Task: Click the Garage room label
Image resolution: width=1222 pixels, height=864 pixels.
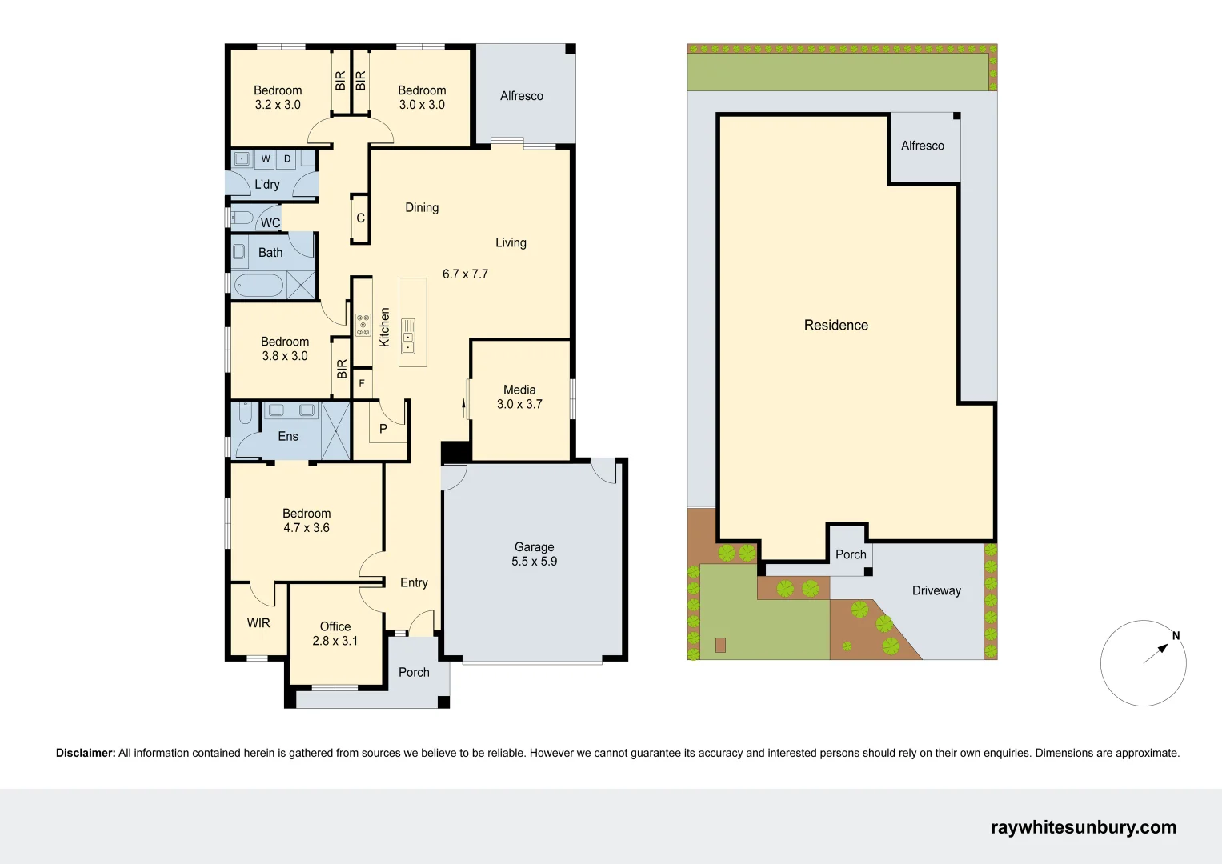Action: pos(534,547)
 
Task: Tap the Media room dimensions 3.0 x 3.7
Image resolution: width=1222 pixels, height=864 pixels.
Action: pos(519,404)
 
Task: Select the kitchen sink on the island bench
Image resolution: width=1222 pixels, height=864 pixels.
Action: pos(408,336)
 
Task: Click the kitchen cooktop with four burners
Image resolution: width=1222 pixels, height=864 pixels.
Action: pos(363,324)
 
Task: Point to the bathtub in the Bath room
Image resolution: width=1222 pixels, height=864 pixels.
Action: pos(258,286)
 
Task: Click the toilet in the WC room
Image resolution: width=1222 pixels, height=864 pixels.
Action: pos(242,218)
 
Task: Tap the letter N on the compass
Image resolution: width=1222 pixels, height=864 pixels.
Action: pos(1176,636)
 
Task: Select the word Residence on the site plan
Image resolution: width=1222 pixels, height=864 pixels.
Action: pos(835,325)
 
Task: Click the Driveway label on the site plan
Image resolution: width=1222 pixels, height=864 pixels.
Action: pos(936,590)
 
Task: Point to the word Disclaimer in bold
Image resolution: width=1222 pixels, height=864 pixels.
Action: pos(86,753)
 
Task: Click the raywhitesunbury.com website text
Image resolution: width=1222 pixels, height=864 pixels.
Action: pos(1083,827)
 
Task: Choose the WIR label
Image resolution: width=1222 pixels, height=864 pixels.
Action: pos(258,623)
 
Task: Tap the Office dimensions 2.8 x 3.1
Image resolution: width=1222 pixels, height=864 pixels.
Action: pos(335,641)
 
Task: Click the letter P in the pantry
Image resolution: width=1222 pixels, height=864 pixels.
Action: pos(383,429)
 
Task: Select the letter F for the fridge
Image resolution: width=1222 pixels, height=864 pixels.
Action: pos(362,384)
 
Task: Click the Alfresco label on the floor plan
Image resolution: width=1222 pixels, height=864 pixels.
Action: pos(521,96)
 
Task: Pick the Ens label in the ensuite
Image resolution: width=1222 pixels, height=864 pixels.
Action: pos(288,436)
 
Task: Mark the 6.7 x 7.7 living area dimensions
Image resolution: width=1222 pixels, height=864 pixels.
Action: pos(465,274)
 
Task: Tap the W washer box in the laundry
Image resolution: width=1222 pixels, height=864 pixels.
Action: pos(266,158)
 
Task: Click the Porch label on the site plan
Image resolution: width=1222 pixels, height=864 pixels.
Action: pos(851,554)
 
